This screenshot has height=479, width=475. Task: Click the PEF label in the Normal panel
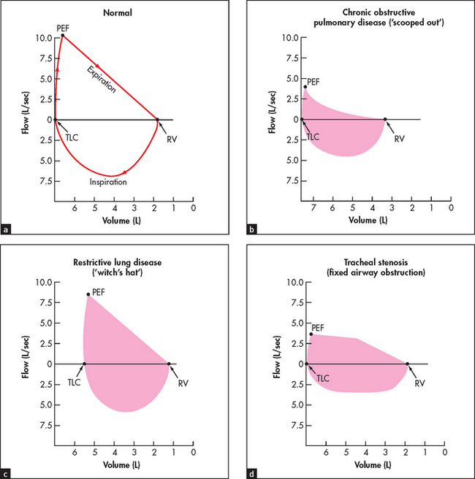click(x=62, y=27)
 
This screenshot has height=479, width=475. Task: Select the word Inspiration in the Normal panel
click(x=108, y=181)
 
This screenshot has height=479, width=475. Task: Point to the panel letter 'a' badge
click(x=7, y=229)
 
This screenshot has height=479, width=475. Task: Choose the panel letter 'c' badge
click(x=7, y=473)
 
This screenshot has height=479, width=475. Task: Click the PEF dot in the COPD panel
click(x=305, y=86)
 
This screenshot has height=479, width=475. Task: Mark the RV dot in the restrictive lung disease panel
click(x=169, y=364)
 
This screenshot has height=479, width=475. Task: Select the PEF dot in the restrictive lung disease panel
click(x=88, y=295)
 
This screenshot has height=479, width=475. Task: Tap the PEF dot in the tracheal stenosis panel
click(x=311, y=334)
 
